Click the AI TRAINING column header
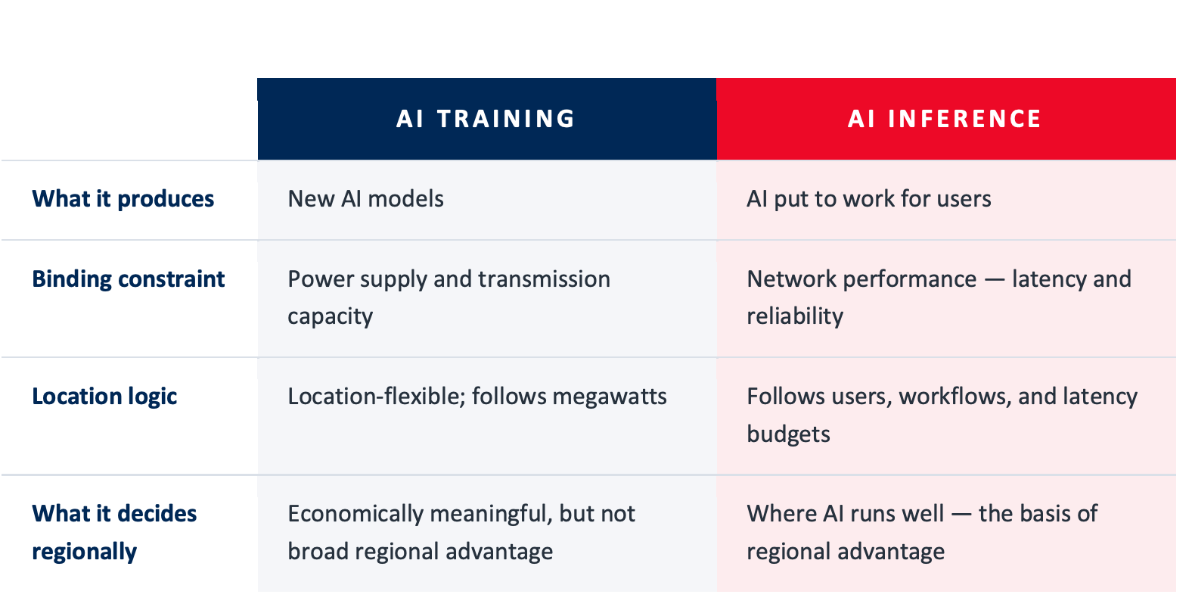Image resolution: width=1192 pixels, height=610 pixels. pos(486,119)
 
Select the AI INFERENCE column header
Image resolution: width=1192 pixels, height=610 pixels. pos(945,119)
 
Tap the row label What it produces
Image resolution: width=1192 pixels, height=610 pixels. pos(123,199)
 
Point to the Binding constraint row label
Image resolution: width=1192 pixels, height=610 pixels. pos(129,279)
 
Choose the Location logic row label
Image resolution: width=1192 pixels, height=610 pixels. pos(104,397)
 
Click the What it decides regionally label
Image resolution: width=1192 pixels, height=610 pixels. pos(114,532)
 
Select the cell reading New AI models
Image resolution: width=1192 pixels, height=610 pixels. pos(365,199)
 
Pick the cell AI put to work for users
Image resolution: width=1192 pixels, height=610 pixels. pos(869,199)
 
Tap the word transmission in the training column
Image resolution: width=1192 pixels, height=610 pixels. pos(544,279)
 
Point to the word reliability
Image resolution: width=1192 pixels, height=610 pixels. pos(795,316)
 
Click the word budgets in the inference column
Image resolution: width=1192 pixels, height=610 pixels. pos(788,434)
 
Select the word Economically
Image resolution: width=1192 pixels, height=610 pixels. pos(355,514)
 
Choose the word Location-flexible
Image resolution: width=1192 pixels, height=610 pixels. pos(376,397)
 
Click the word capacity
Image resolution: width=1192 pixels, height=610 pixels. pos(330,316)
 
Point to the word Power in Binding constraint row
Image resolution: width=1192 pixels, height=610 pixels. pos(321,279)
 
